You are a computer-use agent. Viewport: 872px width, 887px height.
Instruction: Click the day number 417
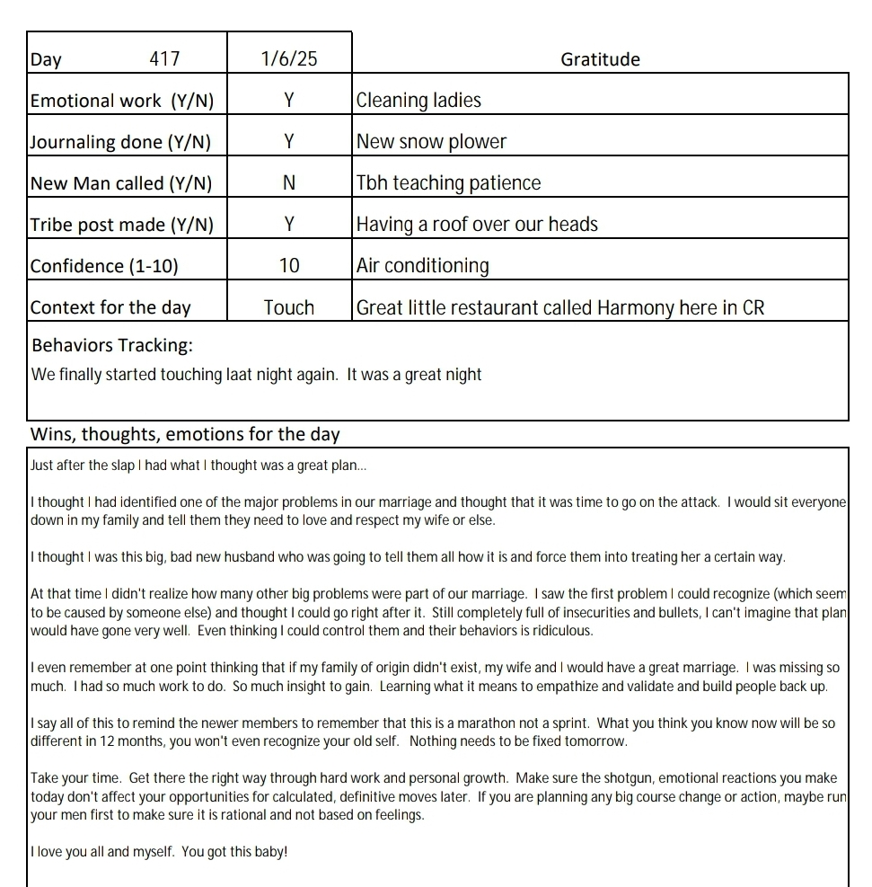164,59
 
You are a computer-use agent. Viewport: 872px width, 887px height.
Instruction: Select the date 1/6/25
289,59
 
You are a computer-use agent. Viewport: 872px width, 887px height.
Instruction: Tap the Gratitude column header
600,59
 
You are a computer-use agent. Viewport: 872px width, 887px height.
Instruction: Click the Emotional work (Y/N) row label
122,101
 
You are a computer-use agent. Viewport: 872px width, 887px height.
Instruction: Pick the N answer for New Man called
289,183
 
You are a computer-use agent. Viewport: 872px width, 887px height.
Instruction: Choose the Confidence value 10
289,266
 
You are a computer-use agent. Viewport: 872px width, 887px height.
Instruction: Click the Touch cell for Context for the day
289,307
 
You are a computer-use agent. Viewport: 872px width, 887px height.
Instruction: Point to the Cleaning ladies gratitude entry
418,101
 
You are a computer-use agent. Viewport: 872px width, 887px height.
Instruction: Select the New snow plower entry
431,142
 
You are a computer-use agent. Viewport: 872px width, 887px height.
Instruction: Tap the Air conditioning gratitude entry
422,266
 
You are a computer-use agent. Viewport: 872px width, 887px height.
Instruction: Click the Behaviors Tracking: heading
112,345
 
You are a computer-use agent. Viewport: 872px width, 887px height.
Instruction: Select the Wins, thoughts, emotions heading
185,435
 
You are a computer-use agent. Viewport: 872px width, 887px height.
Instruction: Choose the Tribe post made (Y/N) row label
122,225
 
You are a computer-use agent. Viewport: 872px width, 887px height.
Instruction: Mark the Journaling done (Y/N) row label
122,142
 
